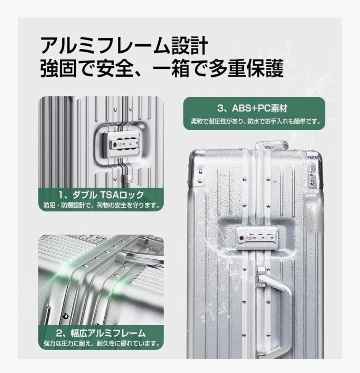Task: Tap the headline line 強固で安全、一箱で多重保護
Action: pos(162,68)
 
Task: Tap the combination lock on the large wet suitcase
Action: pos(257,237)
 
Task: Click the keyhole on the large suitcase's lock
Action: pos(241,238)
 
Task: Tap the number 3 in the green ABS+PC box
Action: pos(220,109)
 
